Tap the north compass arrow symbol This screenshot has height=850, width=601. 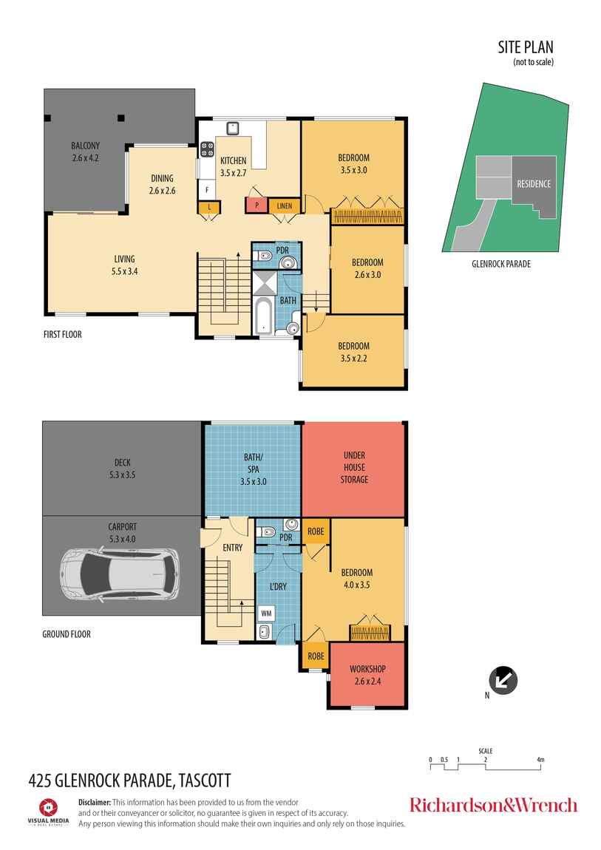click(x=503, y=680)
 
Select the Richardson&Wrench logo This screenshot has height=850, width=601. click(x=493, y=805)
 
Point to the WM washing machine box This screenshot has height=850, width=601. click(x=265, y=613)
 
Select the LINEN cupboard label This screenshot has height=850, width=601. click(x=284, y=205)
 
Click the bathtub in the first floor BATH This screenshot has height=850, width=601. click(x=264, y=315)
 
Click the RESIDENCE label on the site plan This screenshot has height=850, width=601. click(x=533, y=184)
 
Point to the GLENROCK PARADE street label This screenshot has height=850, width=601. click(x=500, y=263)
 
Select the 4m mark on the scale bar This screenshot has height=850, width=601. click(x=540, y=760)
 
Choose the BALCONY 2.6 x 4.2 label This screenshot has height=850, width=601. click(x=85, y=152)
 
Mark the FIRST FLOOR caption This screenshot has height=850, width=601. click(x=62, y=335)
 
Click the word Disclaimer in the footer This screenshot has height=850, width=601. click(x=94, y=802)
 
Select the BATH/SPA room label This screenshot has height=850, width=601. click(x=253, y=469)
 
